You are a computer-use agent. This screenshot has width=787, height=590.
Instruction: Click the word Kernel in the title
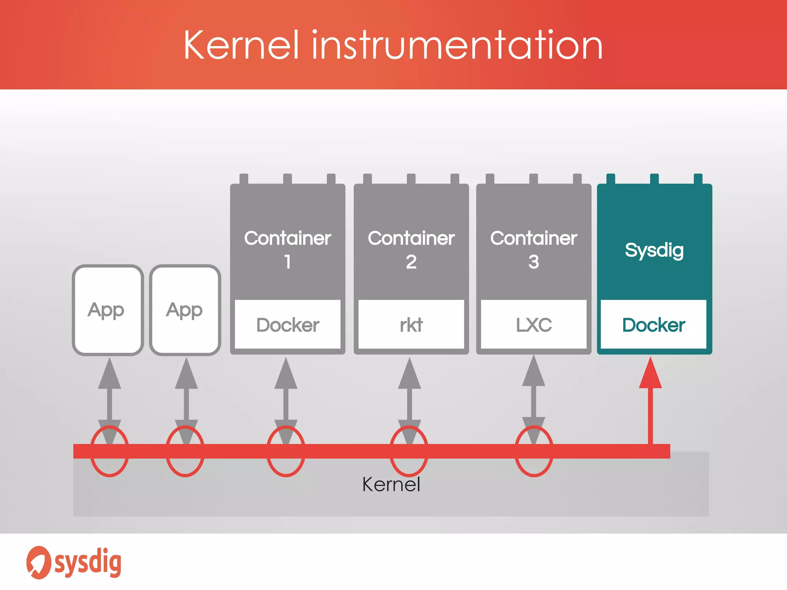(x=241, y=45)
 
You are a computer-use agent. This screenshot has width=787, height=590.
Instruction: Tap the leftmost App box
(x=108, y=310)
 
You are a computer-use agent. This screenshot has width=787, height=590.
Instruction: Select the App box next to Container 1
(x=185, y=310)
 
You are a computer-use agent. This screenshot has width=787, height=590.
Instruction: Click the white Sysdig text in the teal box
(x=654, y=250)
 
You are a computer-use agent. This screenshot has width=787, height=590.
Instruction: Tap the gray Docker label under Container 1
(x=287, y=325)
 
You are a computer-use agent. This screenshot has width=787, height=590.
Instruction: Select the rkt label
(x=411, y=325)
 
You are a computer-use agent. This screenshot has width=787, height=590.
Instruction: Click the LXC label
(x=533, y=325)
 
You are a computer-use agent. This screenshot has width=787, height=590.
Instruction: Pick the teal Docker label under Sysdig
(x=653, y=325)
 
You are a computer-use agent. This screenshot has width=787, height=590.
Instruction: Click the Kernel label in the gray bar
(x=391, y=484)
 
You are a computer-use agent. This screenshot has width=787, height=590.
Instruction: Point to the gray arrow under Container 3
(x=533, y=399)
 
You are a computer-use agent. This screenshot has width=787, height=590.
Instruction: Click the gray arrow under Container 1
(x=286, y=399)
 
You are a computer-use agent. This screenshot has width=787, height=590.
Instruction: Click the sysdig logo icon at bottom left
(x=38, y=562)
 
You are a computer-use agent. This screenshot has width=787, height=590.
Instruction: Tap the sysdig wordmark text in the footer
(x=88, y=562)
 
